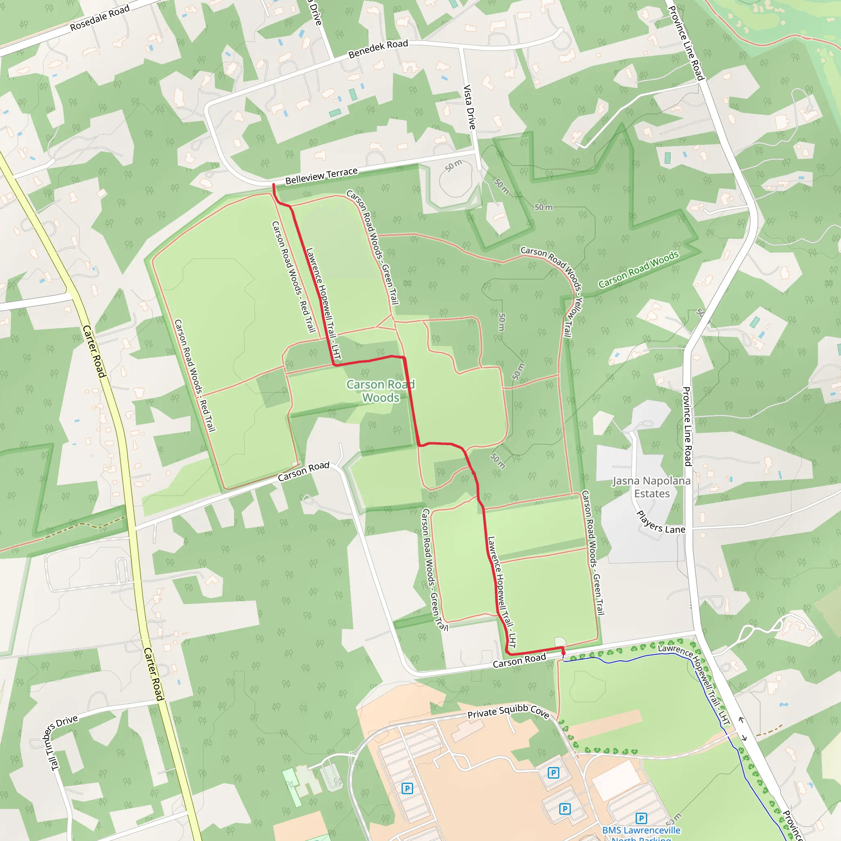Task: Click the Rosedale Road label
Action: pyautogui.click(x=100, y=18)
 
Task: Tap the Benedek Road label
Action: pyautogui.click(x=378, y=49)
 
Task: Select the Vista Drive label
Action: pyautogui.click(x=469, y=107)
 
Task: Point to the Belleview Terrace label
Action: pyautogui.click(x=321, y=176)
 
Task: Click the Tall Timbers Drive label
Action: pyautogui.click(x=61, y=742)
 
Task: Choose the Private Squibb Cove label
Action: pyautogui.click(x=508, y=712)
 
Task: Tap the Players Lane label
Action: pyautogui.click(x=660, y=522)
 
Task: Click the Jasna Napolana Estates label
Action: pyautogui.click(x=652, y=487)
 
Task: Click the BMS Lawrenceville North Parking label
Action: pyautogui.click(x=641, y=833)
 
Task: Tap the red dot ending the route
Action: pyautogui.click(x=563, y=653)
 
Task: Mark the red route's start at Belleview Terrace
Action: pyautogui.click(x=273, y=186)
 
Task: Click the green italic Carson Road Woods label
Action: pyautogui.click(x=638, y=269)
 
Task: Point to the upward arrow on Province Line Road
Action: pyautogui.click(x=740, y=720)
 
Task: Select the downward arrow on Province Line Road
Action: pyautogui.click(x=744, y=738)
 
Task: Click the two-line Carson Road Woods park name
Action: pyautogui.click(x=380, y=391)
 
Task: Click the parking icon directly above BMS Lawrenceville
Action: pyautogui.click(x=641, y=818)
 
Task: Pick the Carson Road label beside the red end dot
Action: pyautogui.click(x=519, y=660)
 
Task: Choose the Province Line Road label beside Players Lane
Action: pyautogui.click(x=687, y=427)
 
